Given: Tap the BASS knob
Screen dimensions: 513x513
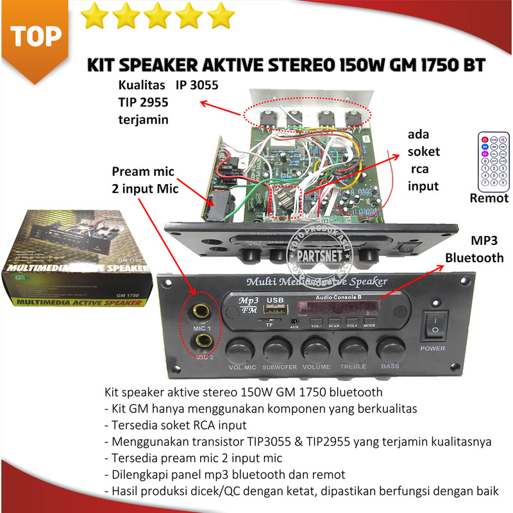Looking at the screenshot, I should [x=391, y=350].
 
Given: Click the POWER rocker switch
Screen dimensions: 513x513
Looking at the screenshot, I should [x=433, y=324].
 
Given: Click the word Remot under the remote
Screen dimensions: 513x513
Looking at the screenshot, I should [x=489, y=198].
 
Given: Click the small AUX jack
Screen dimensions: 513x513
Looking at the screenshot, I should [x=294, y=321].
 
